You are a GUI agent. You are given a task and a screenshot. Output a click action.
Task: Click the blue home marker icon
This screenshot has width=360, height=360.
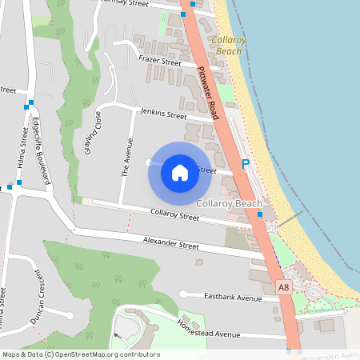[x=180, y=172]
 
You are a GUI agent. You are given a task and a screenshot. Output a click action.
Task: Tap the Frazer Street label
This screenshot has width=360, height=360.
[x=160, y=61]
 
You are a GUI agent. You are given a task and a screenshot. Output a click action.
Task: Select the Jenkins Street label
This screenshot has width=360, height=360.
[x=163, y=115]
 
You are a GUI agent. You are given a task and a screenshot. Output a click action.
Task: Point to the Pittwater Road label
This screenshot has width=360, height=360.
[x=207, y=93]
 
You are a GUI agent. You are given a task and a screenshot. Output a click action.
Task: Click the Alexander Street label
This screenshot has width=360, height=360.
[x=170, y=243]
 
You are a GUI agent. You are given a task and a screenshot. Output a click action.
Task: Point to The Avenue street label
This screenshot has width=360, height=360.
[x=126, y=157]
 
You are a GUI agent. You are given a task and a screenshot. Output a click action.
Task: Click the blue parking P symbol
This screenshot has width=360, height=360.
[x=246, y=163]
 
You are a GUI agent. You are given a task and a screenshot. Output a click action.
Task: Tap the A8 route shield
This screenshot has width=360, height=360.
[x=283, y=286]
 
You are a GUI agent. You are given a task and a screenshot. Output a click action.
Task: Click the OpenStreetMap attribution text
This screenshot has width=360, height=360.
[x=80, y=354]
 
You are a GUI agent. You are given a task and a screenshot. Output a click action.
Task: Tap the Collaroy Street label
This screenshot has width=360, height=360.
[x=175, y=215]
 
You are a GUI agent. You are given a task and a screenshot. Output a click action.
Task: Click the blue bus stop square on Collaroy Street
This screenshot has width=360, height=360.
[x=260, y=226]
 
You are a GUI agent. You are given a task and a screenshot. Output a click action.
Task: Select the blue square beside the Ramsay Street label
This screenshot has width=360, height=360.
[x=183, y=14]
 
